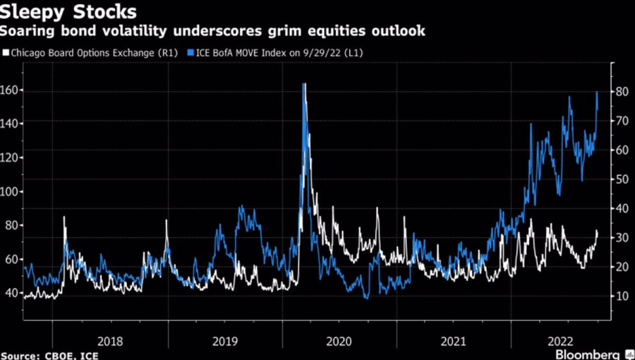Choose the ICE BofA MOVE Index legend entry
pos(275,52)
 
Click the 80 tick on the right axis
pos(621,91)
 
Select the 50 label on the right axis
pos(621,179)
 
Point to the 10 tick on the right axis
pos(621,296)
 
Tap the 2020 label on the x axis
pos(339,341)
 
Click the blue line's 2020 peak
pos(304,84)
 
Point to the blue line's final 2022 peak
pos(597,92)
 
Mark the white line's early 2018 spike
pos(64,217)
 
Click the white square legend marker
pos(6,52)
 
